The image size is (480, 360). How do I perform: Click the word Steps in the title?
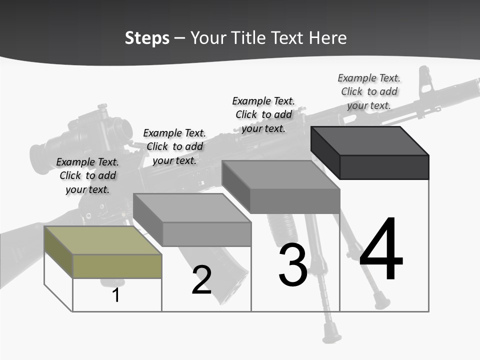pos(146,38)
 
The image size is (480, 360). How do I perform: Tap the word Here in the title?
pos(327,38)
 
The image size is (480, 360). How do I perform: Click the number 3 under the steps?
pos(292,265)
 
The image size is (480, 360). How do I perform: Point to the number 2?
pos(201,280)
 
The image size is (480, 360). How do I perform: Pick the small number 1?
pos(116,295)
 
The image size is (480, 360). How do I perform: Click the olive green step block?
pos(102,252)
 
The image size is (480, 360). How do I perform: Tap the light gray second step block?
pos(192,220)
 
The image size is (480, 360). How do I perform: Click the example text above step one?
pos(87,175)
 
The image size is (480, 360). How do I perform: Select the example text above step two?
pos(174,146)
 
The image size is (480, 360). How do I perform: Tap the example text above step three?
pos(263,114)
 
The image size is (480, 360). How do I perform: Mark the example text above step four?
pos(369,91)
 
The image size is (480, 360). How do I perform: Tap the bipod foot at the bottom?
pos(331,332)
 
